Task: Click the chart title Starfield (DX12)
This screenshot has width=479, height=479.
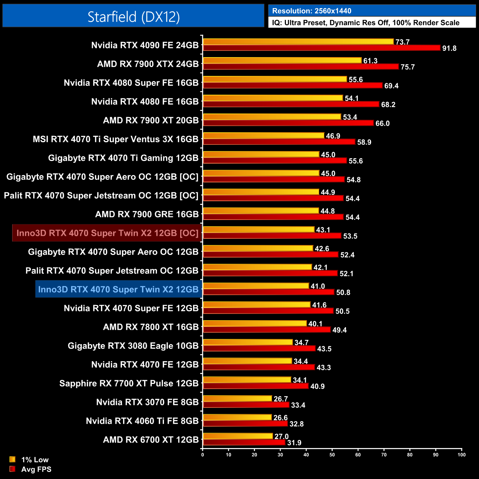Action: (133, 17)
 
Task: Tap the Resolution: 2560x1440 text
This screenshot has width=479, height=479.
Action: (311, 11)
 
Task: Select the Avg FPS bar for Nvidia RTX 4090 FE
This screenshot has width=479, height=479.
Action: (321, 48)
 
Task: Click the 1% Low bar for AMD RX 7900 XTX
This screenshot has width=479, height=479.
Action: (282, 60)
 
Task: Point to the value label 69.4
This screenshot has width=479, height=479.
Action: (391, 86)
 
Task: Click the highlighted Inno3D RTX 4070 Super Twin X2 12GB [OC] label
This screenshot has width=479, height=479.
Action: (107, 233)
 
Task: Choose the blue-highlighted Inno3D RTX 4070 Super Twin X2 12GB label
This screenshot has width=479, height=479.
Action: (118, 290)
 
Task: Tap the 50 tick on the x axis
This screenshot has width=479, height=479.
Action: (332, 455)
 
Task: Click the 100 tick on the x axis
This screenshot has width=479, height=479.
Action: (461, 455)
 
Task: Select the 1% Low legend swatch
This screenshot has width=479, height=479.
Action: (13, 459)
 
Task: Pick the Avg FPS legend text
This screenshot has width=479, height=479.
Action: (36, 469)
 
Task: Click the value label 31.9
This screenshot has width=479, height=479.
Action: (294, 443)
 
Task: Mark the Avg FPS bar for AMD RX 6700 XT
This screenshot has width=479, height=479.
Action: (244, 443)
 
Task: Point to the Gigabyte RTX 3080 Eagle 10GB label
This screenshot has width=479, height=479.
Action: (133, 346)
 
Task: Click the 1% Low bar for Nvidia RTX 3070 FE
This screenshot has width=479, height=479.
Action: (237, 399)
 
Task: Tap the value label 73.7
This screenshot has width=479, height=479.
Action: (402, 42)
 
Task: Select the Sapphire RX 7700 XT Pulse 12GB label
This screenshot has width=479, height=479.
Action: (129, 384)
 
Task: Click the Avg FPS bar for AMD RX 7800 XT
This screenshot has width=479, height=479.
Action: (267, 330)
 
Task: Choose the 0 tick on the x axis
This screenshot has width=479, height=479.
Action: (203, 455)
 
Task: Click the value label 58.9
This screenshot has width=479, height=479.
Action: (364, 142)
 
